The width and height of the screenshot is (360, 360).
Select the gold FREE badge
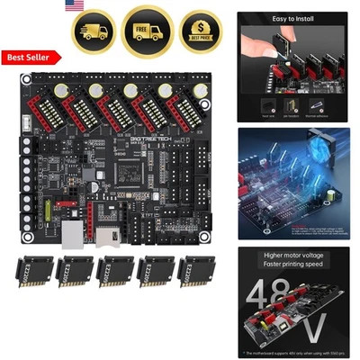click(148, 29)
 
